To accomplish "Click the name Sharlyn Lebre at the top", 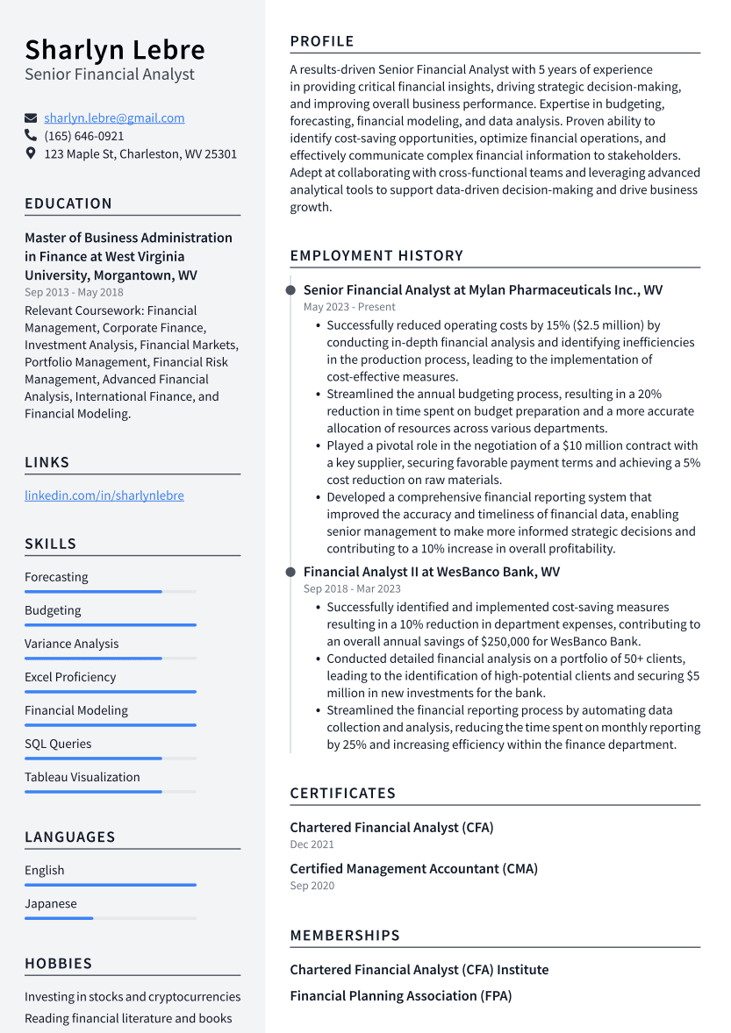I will click(x=114, y=49).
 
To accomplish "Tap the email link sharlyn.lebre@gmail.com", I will click(x=114, y=118).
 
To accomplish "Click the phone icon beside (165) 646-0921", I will click(x=31, y=136).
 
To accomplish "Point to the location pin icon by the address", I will click(x=31, y=153).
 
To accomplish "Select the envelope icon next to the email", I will click(x=31, y=118).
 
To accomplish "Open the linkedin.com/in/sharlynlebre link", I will click(x=104, y=495).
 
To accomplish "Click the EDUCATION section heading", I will click(x=68, y=203).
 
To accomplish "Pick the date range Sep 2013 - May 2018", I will click(x=74, y=292).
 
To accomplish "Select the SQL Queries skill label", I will click(x=58, y=744).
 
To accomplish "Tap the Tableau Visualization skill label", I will click(x=82, y=777).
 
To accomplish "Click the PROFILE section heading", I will click(x=322, y=41).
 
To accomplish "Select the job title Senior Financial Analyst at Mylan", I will click(x=483, y=290).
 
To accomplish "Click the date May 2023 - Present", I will click(x=349, y=307).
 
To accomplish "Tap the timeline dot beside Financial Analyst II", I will click(x=290, y=572).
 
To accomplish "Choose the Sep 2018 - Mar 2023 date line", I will click(x=352, y=589).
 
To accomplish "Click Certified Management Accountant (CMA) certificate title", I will click(x=413, y=869).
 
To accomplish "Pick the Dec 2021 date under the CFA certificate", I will click(x=312, y=844).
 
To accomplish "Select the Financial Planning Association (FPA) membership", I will click(x=400, y=996).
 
